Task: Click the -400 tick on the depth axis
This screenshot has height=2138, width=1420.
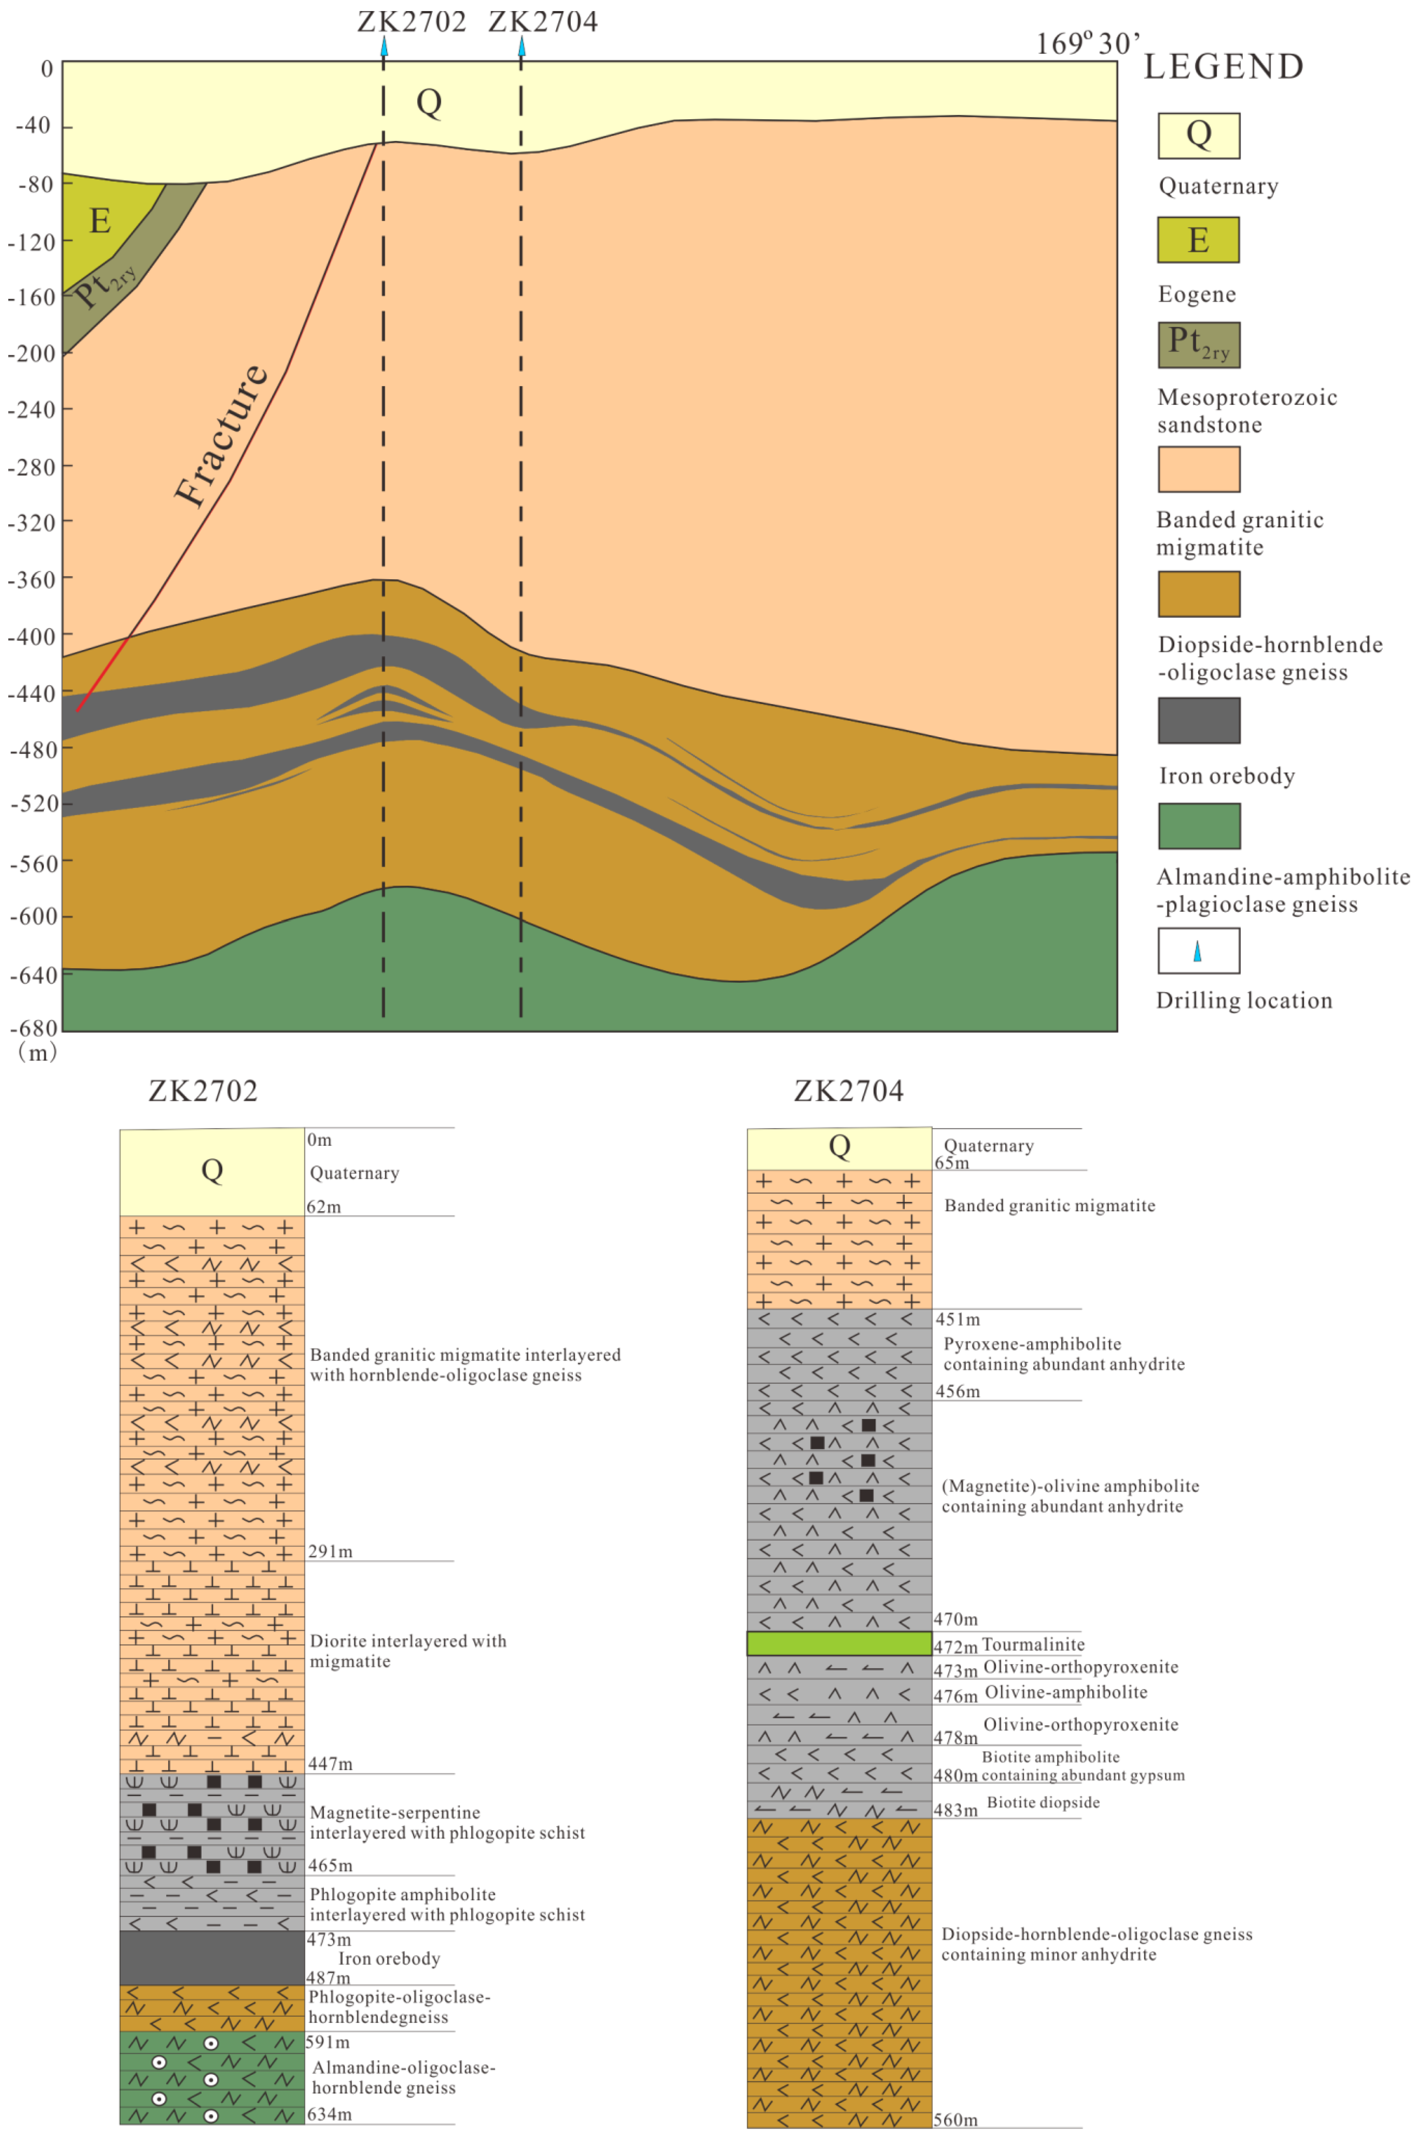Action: pos(33,636)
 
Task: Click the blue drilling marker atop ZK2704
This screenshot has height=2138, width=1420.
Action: pos(521,45)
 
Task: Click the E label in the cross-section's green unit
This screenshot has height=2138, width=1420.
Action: pos(99,221)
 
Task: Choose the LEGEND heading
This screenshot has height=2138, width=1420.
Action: pos(1223,67)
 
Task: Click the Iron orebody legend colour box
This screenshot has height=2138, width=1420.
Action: pos(1198,720)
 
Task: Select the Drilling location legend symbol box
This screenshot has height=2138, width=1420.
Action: pos(1198,950)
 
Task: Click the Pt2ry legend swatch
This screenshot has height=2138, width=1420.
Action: pos(1198,345)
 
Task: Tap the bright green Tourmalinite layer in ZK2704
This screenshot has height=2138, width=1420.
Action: pos(838,1644)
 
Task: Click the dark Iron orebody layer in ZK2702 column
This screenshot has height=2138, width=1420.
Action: pos(212,1959)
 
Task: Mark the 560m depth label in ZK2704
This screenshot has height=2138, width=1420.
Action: pos(955,2120)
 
